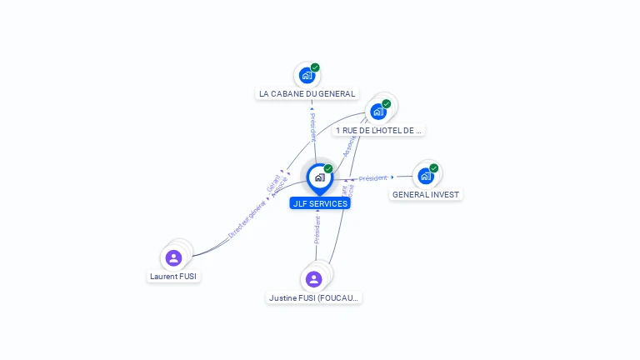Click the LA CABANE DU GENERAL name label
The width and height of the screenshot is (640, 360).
pyautogui.click(x=307, y=94)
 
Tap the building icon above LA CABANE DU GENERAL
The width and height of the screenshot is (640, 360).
pyautogui.click(x=307, y=76)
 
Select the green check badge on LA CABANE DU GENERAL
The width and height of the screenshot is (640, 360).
pyautogui.click(x=315, y=68)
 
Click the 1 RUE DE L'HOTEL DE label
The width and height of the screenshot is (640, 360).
pyautogui.click(x=379, y=130)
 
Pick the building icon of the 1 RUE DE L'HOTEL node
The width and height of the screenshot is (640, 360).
pyautogui.click(x=378, y=112)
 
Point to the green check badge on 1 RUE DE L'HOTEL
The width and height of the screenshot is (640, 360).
pyautogui.click(x=387, y=104)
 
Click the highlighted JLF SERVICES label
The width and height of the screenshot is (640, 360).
pyautogui.click(x=320, y=203)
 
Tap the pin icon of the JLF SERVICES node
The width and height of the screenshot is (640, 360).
pyautogui.click(x=319, y=177)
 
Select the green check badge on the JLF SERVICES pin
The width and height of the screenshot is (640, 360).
pyautogui.click(x=328, y=169)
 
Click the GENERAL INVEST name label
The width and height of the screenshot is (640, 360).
pyautogui.click(x=426, y=194)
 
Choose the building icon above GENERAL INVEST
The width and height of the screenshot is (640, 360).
pyautogui.click(x=425, y=176)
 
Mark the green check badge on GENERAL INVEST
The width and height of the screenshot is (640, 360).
pyautogui.click(x=434, y=168)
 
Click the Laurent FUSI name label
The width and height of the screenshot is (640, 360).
pyautogui.click(x=174, y=276)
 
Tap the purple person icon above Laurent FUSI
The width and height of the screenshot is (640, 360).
pyautogui.click(x=173, y=257)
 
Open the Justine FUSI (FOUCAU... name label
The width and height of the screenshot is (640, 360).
pyautogui.click(x=314, y=297)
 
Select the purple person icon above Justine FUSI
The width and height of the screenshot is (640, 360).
pyautogui.click(x=313, y=279)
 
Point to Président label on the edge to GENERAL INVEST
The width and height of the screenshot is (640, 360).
pyautogui.click(x=372, y=178)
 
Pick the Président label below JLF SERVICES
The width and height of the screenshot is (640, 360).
pyautogui.click(x=317, y=229)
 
